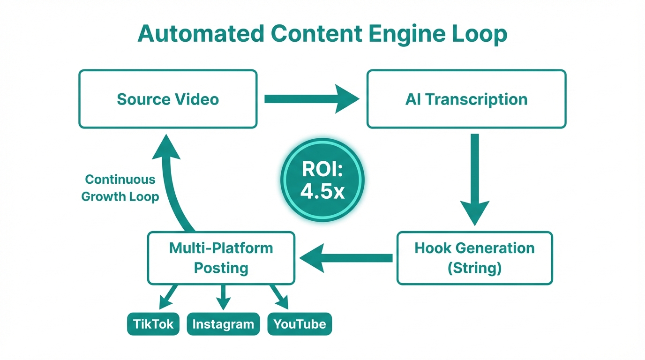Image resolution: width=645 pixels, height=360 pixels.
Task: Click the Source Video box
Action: (168, 99)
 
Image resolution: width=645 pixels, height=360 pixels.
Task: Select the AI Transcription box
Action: (466, 99)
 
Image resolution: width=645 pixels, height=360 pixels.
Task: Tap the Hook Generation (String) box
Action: (474, 258)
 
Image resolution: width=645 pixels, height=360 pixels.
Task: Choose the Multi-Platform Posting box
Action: (221, 258)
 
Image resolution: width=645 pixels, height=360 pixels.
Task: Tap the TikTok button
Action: (153, 324)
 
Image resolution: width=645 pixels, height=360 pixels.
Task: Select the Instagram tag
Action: (223, 324)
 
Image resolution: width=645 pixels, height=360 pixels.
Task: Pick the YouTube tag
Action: (300, 324)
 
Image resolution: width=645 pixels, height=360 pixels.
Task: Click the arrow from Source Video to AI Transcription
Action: (311, 99)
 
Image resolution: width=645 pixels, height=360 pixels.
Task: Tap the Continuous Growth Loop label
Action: (120, 188)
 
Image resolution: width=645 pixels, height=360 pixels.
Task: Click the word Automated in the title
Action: (200, 34)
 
